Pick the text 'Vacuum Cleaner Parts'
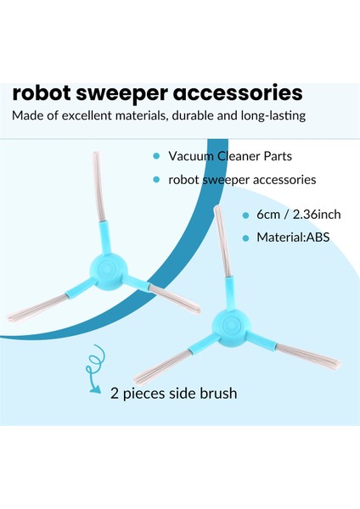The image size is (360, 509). pos(223,157)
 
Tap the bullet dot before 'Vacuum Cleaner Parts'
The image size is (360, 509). pos(155,157)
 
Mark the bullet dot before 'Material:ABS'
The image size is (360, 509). pos(245,238)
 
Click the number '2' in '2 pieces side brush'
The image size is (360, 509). pos(113,393)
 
